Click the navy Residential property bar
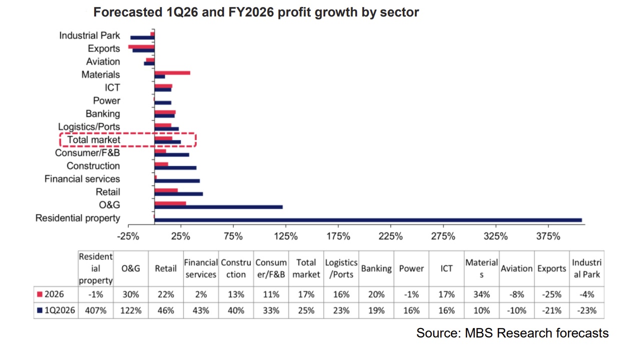[x=368, y=220]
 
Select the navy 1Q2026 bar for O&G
[x=219, y=207]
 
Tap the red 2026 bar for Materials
[x=172, y=72]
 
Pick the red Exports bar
[x=141, y=46]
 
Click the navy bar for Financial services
[x=177, y=181]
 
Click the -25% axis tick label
[x=128, y=236]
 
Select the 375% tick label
[x=548, y=236]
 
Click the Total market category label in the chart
[x=94, y=140]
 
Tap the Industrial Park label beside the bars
[x=90, y=35]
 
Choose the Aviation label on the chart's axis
[x=103, y=61]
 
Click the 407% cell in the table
[x=96, y=310]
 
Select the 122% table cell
[x=131, y=310]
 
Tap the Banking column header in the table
[x=376, y=268]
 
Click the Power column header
[x=411, y=268]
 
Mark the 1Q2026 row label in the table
[x=59, y=310]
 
